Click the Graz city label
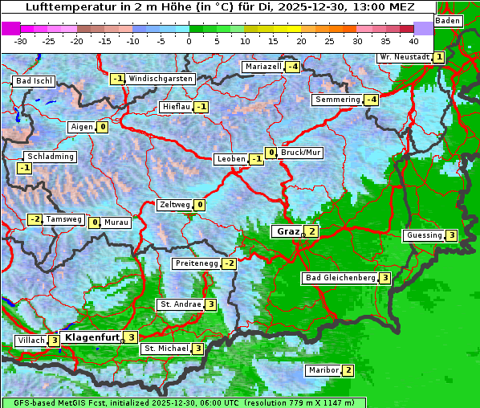click(x=287, y=231)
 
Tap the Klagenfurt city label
click(x=92, y=337)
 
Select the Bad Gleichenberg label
click(x=340, y=278)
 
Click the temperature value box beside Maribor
click(x=348, y=370)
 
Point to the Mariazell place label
click(x=263, y=67)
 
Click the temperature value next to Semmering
click(x=371, y=100)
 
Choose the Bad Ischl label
click(x=34, y=81)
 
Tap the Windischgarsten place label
click(x=161, y=79)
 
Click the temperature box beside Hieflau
click(x=201, y=107)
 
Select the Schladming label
click(x=50, y=157)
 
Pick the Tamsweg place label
click(x=63, y=219)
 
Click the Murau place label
click(x=116, y=222)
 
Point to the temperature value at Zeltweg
click(x=200, y=205)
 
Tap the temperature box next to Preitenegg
click(x=230, y=263)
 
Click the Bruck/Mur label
click(x=301, y=153)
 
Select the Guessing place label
click(x=425, y=235)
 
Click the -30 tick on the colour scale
click(x=21, y=40)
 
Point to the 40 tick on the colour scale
click(x=413, y=40)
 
